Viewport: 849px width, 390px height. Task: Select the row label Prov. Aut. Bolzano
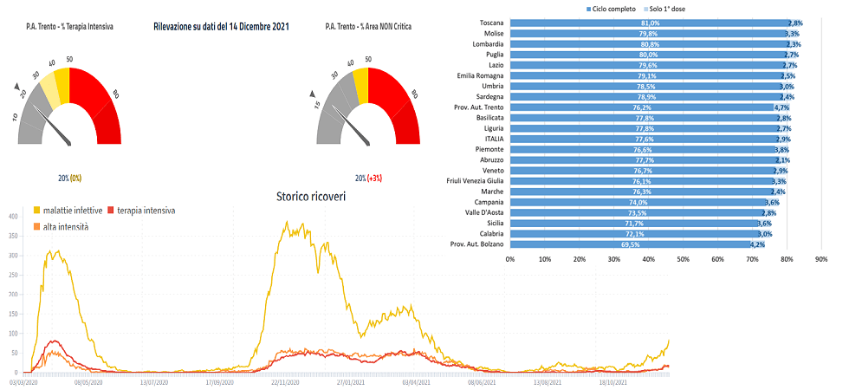tap(480, 244)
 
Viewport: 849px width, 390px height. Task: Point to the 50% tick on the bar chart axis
tap(683, 258)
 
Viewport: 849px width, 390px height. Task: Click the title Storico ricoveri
tap(310, 197)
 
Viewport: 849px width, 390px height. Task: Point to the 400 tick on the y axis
tap(13, 215)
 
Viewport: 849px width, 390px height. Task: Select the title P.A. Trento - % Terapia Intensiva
tap(72, 27)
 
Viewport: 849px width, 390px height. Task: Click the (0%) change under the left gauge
tap(75, 178)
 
